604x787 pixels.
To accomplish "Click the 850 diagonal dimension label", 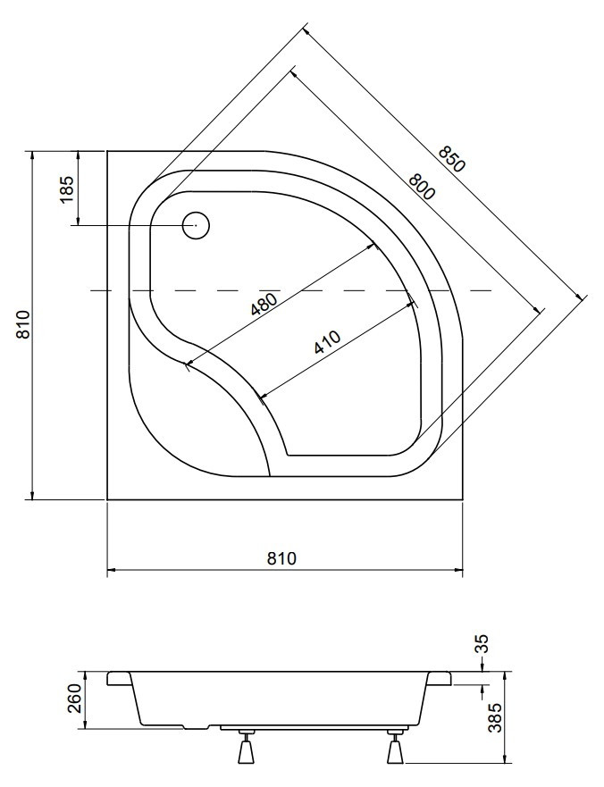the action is pos(451,159).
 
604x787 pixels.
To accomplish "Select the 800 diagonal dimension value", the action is pos(421,187).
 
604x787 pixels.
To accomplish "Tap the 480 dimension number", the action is pos(264,305).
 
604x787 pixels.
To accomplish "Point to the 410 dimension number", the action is pos(327,342).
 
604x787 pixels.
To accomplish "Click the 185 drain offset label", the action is pos(67,189).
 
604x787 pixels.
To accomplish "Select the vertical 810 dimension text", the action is pos(22,325).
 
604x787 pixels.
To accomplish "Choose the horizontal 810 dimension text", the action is pos(281,558).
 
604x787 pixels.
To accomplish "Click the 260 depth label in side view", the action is pos(75,699).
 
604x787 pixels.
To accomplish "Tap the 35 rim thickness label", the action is pos(481,644).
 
